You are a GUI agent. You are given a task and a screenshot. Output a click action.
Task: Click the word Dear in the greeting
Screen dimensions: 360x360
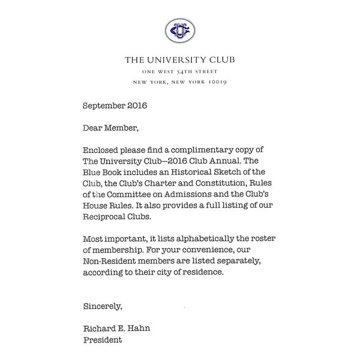point(93,128)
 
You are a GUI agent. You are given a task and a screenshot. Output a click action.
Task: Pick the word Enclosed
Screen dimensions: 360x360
point(102,150)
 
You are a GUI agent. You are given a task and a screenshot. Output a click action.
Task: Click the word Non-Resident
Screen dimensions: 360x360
point(111,263)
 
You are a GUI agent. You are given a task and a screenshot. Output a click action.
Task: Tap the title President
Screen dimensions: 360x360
point(102,340)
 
